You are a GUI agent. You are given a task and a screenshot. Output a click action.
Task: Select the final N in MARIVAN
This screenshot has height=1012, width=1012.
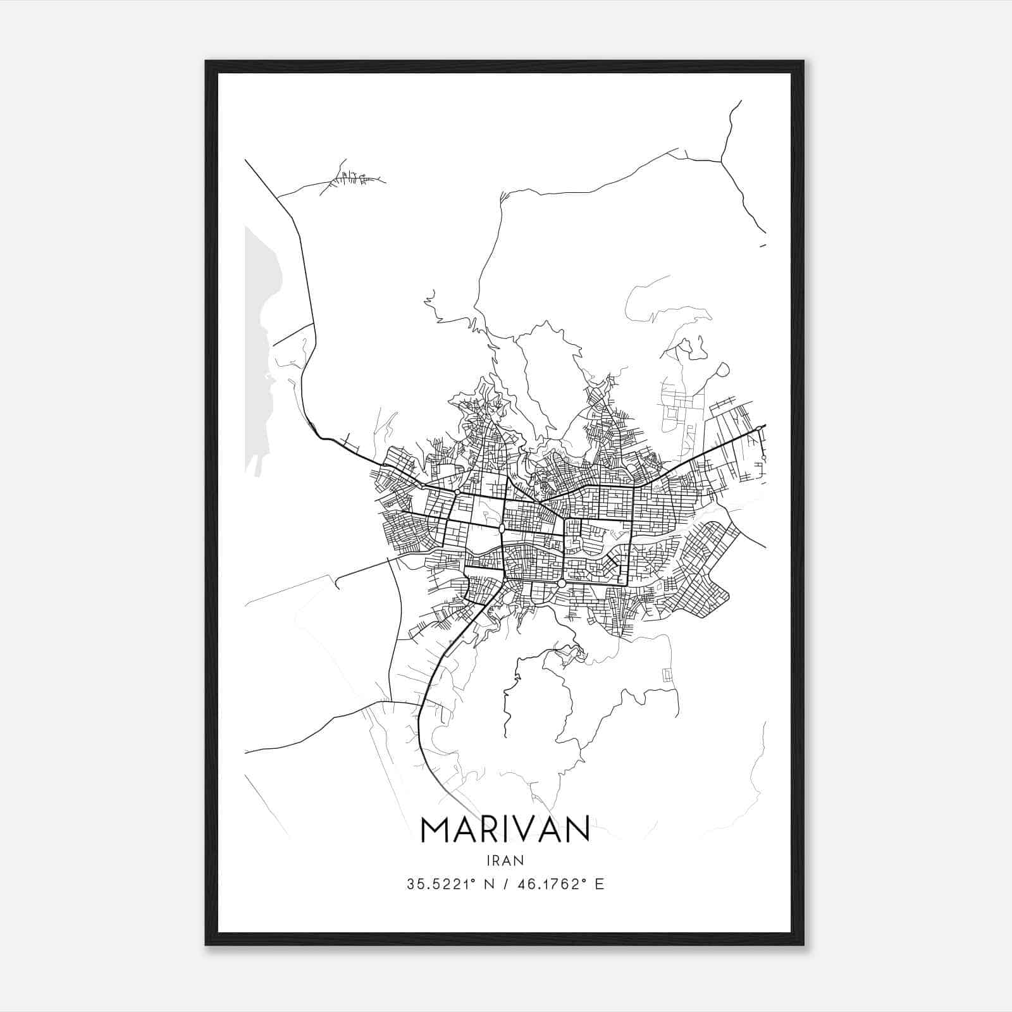coord(577,829)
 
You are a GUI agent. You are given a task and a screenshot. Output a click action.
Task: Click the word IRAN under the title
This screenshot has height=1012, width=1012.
coord(505,860)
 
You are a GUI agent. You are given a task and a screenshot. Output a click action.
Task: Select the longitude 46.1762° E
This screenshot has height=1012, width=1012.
coord(560,884)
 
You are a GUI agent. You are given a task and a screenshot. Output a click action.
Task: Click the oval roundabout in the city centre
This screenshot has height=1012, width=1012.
coord(502,528)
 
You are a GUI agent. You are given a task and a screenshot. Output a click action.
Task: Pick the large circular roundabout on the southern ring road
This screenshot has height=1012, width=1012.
coord(562,583)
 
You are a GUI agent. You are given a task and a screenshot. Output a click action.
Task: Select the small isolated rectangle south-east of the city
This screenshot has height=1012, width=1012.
coord(667,674)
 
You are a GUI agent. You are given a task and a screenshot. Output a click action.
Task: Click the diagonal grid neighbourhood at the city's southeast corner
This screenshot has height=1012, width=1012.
coord(702,569)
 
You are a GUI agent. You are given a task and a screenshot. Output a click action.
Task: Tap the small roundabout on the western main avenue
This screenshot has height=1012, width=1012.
coord(457,491)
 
